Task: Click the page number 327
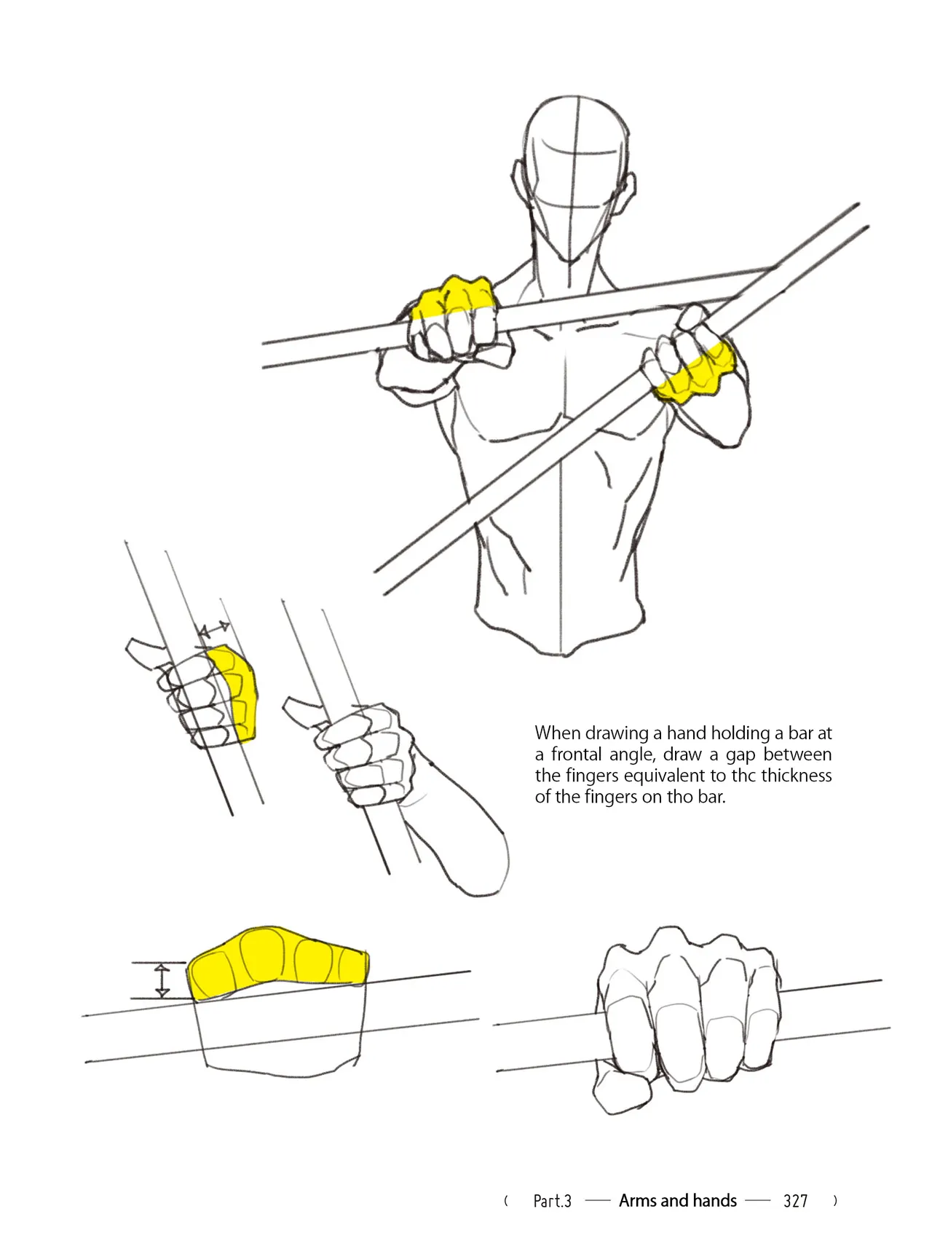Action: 795,1202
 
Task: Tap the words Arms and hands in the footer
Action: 677,1201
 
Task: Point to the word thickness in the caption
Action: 797,776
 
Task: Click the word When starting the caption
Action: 558,733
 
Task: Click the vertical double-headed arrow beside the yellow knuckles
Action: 162,980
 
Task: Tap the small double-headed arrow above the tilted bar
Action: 214,629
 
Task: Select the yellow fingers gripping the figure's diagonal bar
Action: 697,374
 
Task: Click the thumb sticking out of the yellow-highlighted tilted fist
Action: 146,655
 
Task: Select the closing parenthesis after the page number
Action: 835,1201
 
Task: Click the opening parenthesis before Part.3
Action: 506,1201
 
